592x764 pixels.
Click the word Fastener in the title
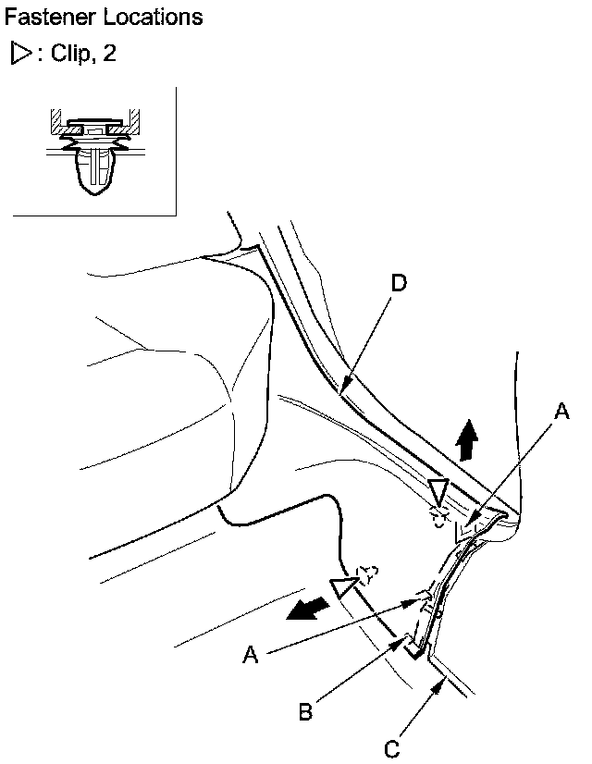click(43, 17)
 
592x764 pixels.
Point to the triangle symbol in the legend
click(19, 54)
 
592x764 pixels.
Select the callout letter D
click(399, 283)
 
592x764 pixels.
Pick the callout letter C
click(394, 747)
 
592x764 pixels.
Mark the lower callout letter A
click(249, 654)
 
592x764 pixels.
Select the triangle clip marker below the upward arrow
click(438, 491)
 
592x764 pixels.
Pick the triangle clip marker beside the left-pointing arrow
click(347, 585)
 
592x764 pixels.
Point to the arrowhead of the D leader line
click(344, 390)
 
